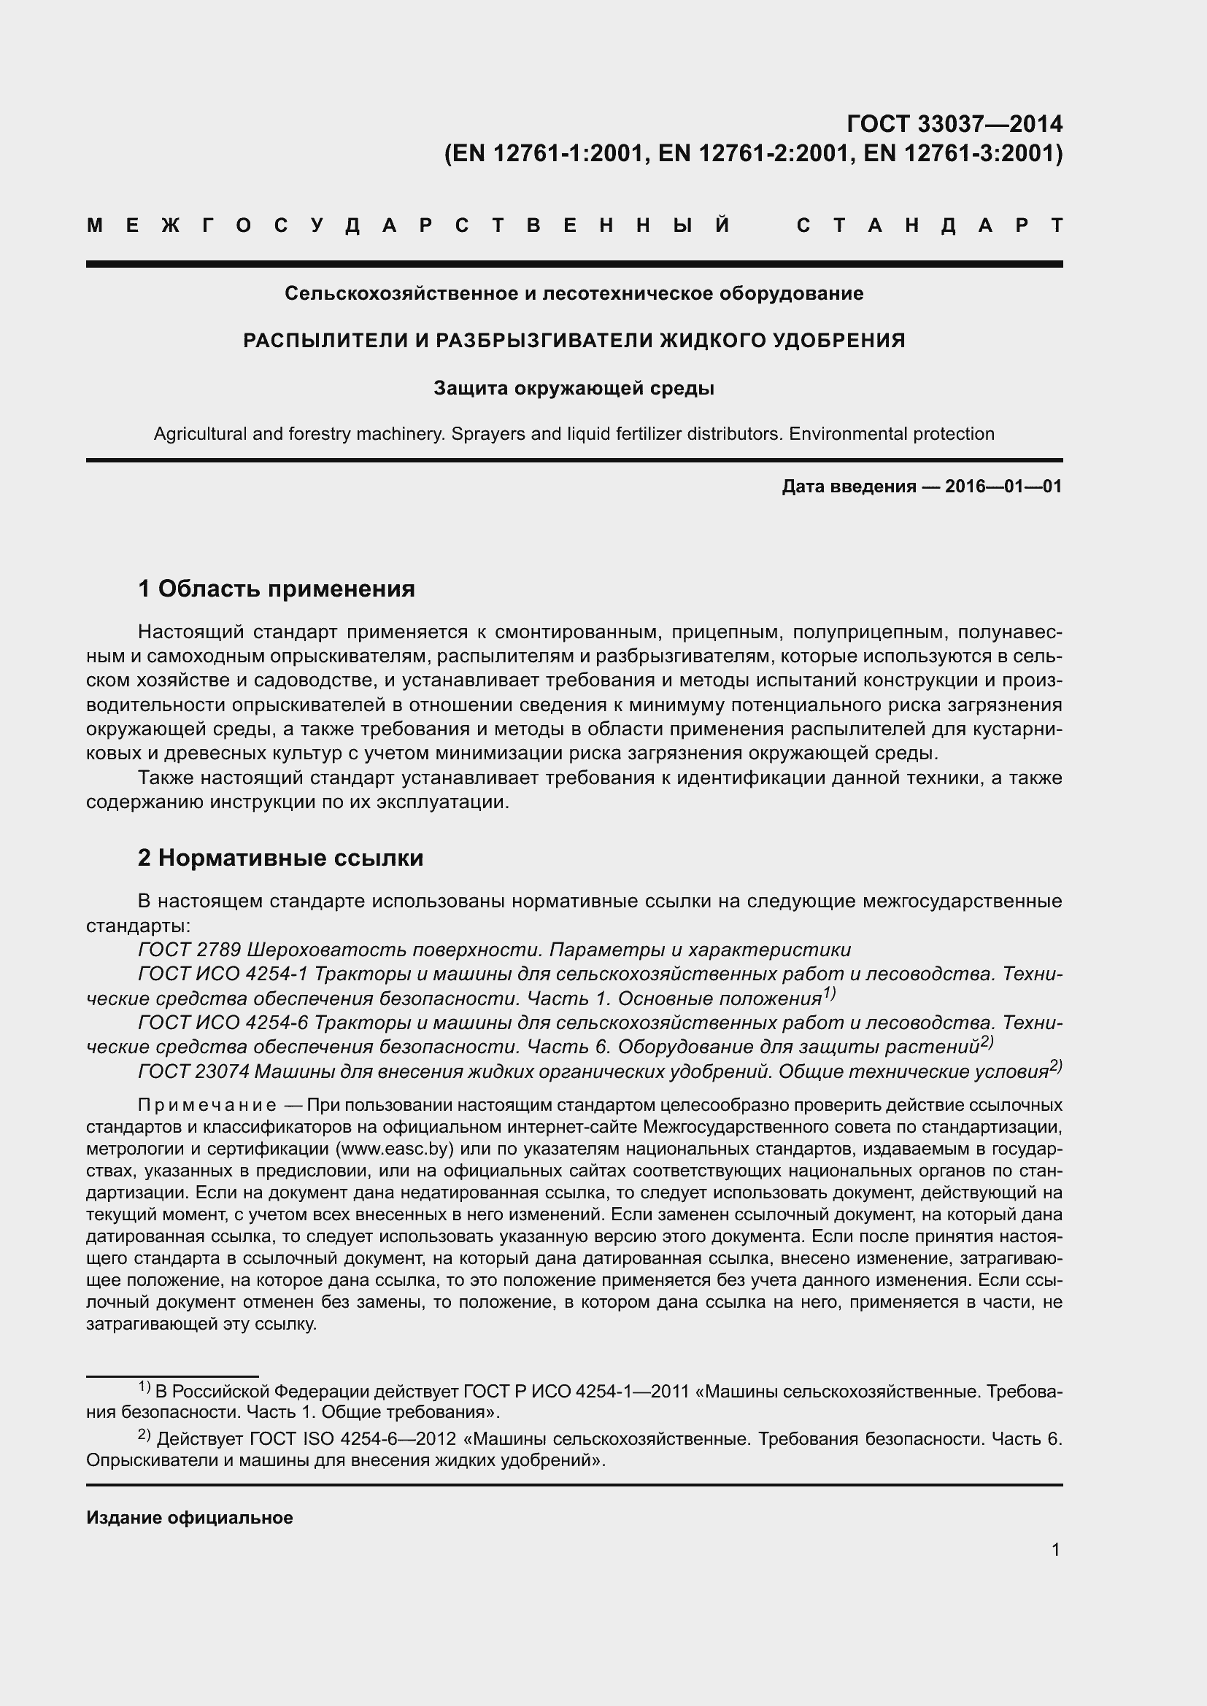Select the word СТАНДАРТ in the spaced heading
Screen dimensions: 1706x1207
[929, 225]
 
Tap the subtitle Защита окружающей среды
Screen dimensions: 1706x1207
[574, 388]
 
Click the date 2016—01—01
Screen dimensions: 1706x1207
[1003, 486]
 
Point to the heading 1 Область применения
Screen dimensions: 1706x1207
[277, 589]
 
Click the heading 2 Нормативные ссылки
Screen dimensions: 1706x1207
[280, 858]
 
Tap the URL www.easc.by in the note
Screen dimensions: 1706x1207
[395, 1149]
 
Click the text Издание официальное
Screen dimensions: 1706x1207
[190, 1517]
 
